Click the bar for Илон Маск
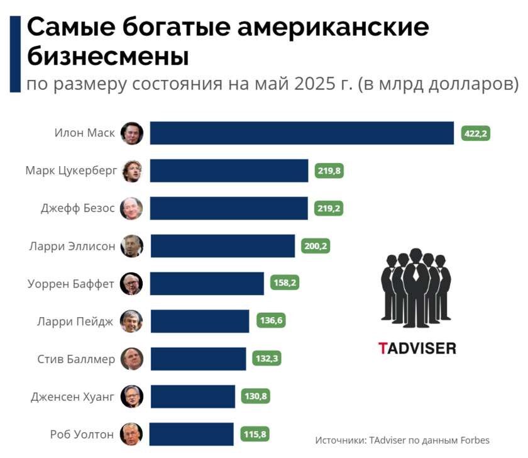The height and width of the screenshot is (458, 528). (x=302, y=133)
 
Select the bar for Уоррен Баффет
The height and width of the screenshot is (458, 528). (x=207, y=284)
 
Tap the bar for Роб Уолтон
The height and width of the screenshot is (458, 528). (x=192, y=434)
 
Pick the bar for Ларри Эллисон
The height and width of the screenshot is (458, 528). (x=223, y=246)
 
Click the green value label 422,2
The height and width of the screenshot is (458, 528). (x=475, y=133)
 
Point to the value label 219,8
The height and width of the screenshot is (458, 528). (x=329, y=170)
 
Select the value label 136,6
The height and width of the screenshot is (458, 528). (x=272, y=321)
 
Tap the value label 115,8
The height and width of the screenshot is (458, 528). (x=255, y=434)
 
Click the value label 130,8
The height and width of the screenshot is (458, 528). (x=257, y=396)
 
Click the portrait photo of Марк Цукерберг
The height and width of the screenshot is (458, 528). (x=133, y=170)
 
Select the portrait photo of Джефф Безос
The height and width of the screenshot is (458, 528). (x=133, y=208)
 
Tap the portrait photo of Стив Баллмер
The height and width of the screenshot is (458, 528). (x=133, y=359)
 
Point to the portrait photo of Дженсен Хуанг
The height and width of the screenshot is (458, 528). (x=133, y=396)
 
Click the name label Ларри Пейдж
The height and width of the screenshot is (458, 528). (x=76, y=322)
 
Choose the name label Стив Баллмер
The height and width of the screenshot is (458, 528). (x=76, y=360)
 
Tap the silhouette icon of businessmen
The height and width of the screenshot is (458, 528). (x=415, y=286)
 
